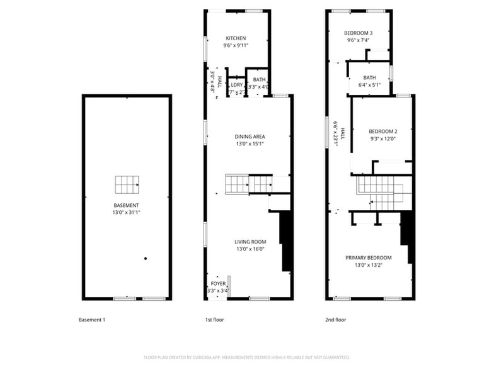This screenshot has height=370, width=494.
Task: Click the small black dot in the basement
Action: coord(146,258)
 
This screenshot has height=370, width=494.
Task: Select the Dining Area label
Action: coord(250,137)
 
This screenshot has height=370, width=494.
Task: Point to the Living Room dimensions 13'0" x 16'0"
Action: coord(250,249)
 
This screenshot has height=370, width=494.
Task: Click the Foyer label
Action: coord(218,284)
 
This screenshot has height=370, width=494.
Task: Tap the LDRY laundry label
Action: coord(237,85)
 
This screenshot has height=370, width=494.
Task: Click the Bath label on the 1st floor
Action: coord(259,79)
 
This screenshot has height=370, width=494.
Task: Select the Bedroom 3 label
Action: coord(358,33)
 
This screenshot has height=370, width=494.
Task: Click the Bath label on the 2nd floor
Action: coord(369,77)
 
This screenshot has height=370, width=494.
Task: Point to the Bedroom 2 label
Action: coord(383,132)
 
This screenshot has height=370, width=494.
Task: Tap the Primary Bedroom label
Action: coord(368,257)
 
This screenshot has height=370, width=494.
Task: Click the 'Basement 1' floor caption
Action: coord(91,320)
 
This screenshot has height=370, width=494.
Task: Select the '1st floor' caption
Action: coord(214,320)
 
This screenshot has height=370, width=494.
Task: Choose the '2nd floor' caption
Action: coord(335,320)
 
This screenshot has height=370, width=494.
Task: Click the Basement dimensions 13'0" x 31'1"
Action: coord(127,213)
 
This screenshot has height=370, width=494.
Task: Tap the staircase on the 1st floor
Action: coord(249,184)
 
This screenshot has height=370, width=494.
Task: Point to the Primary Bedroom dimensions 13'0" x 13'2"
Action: coord(368,265)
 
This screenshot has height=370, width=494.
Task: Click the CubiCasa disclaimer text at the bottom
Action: coord(247,357)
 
